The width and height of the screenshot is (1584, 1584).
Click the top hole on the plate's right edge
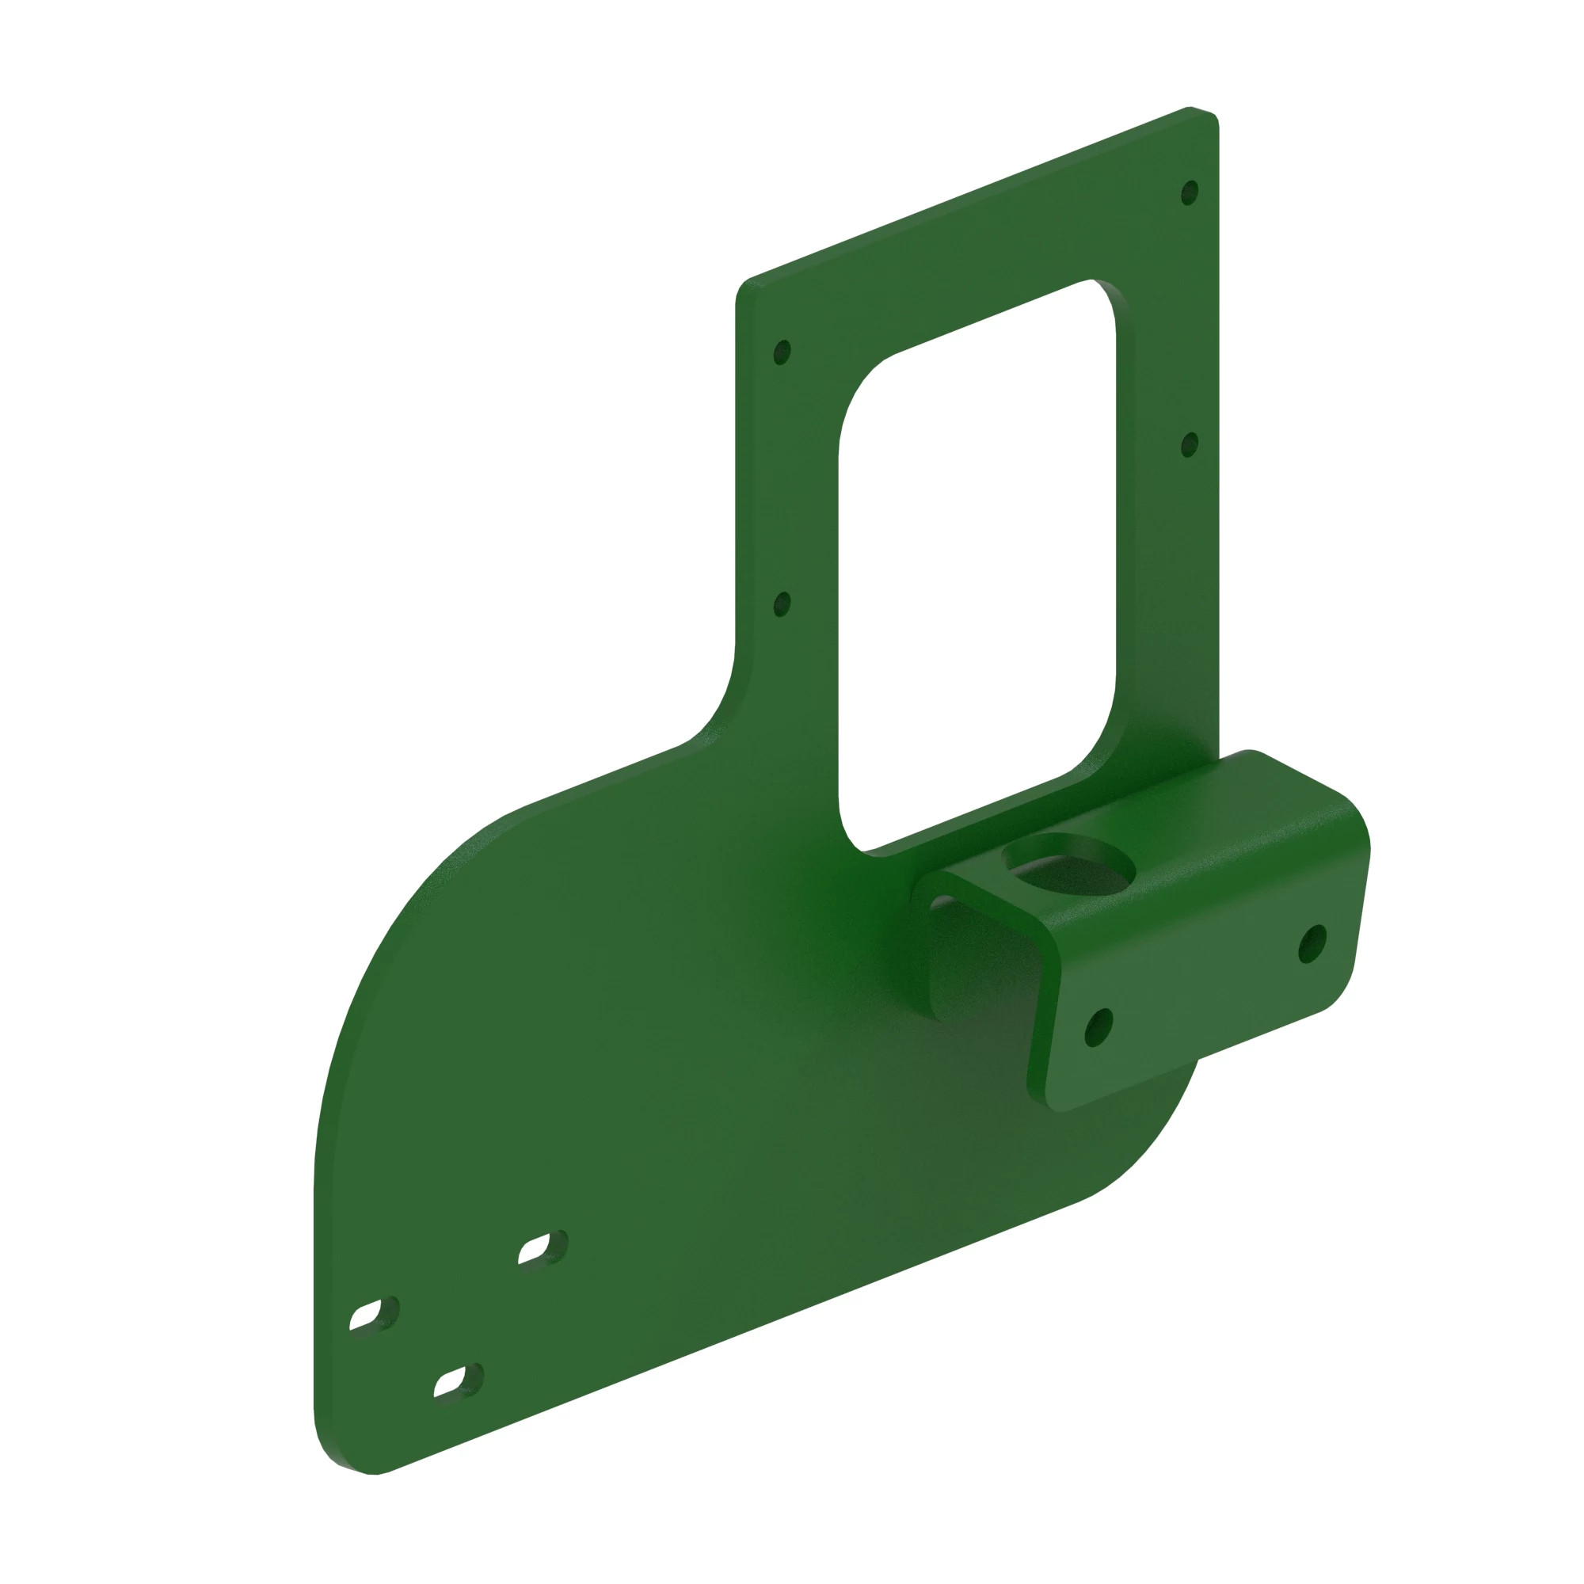tap(1189, 193)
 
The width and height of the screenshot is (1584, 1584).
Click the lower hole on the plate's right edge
tap(1189, 445)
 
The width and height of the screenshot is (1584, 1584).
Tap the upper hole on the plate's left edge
tap(782, 352)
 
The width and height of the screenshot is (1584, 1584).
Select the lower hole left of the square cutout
tap(782, 605)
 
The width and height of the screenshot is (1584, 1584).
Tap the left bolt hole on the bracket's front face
tap(1099, 1027)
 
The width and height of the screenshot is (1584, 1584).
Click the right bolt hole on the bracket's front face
tap(1312, 944)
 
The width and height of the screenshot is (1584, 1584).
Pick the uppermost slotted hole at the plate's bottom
tap(543, 1247)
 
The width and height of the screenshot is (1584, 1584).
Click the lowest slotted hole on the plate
tap(459, 1381)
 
